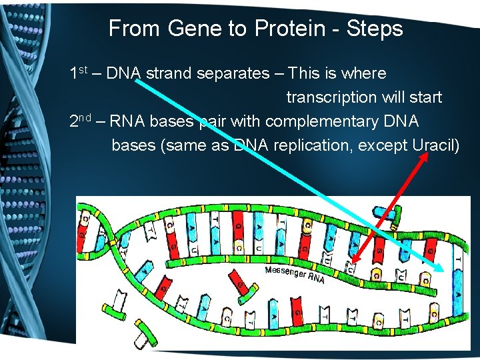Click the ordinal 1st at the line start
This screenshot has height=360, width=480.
click(81, 73)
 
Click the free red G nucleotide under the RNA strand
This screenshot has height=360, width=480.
click(241, 287)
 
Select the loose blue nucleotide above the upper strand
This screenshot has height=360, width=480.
click(387, 213)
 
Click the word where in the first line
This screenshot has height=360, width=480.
click(364, 73)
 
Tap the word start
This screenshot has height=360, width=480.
click(425, 97)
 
